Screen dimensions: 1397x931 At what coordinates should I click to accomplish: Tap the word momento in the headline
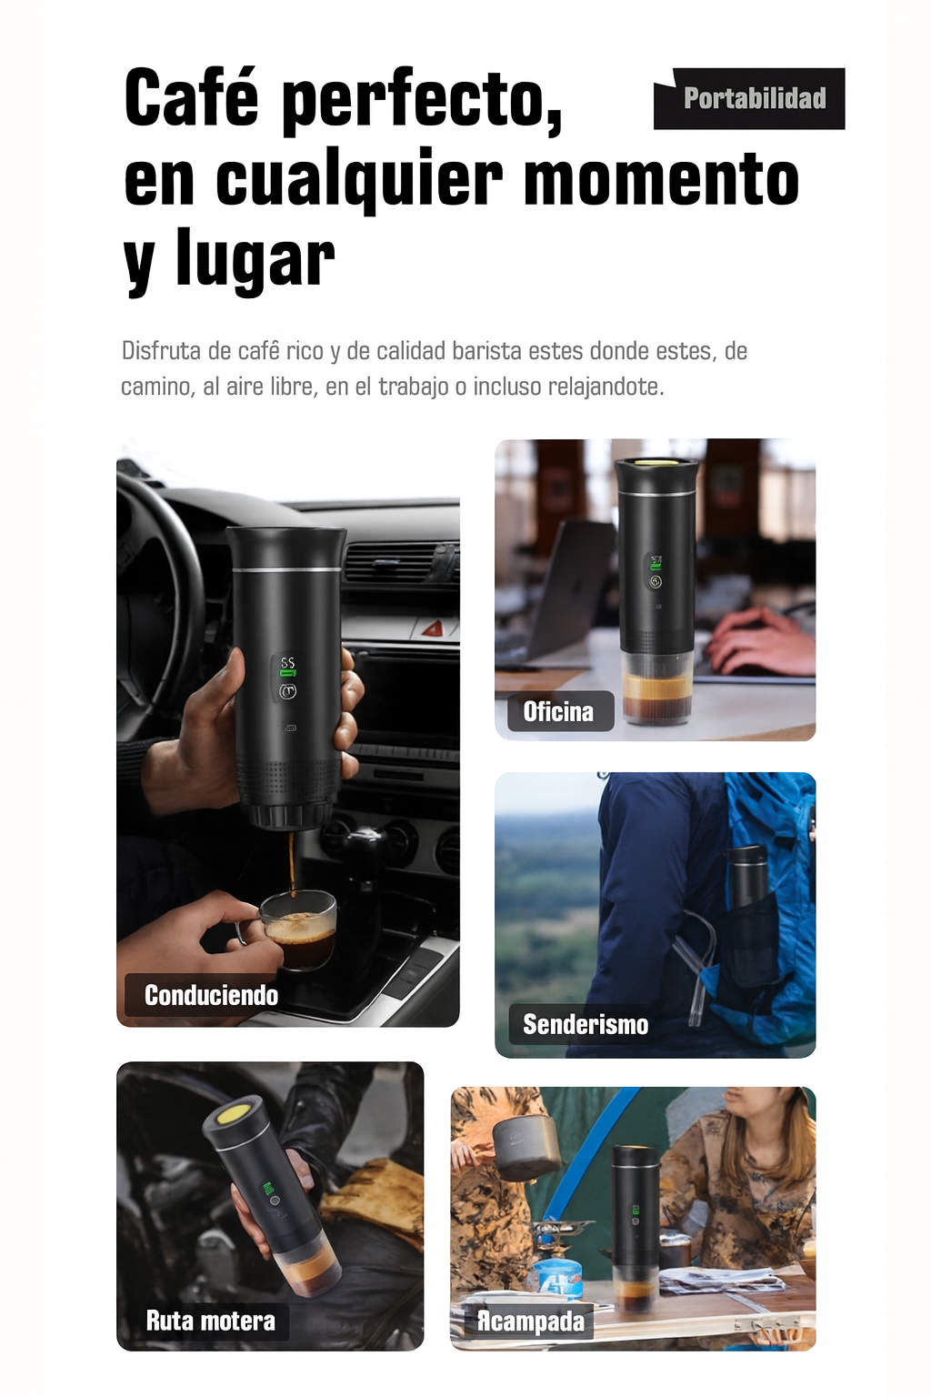[661, 179]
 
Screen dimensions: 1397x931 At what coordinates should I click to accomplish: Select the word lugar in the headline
[255, 260]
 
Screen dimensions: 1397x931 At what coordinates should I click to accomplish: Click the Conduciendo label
[211, 995]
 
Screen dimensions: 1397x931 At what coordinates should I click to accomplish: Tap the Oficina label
[558, 711]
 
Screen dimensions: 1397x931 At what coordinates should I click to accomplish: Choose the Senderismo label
[586, 1025]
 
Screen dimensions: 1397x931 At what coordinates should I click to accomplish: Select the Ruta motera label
[210, 1321]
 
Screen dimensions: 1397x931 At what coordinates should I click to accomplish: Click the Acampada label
[531, 1321]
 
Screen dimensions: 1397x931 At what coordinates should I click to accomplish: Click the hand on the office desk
[759, 641]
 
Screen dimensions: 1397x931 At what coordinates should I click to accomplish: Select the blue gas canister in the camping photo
[557, 1278]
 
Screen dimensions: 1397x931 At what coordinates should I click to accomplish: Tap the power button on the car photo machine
[287, 692]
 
